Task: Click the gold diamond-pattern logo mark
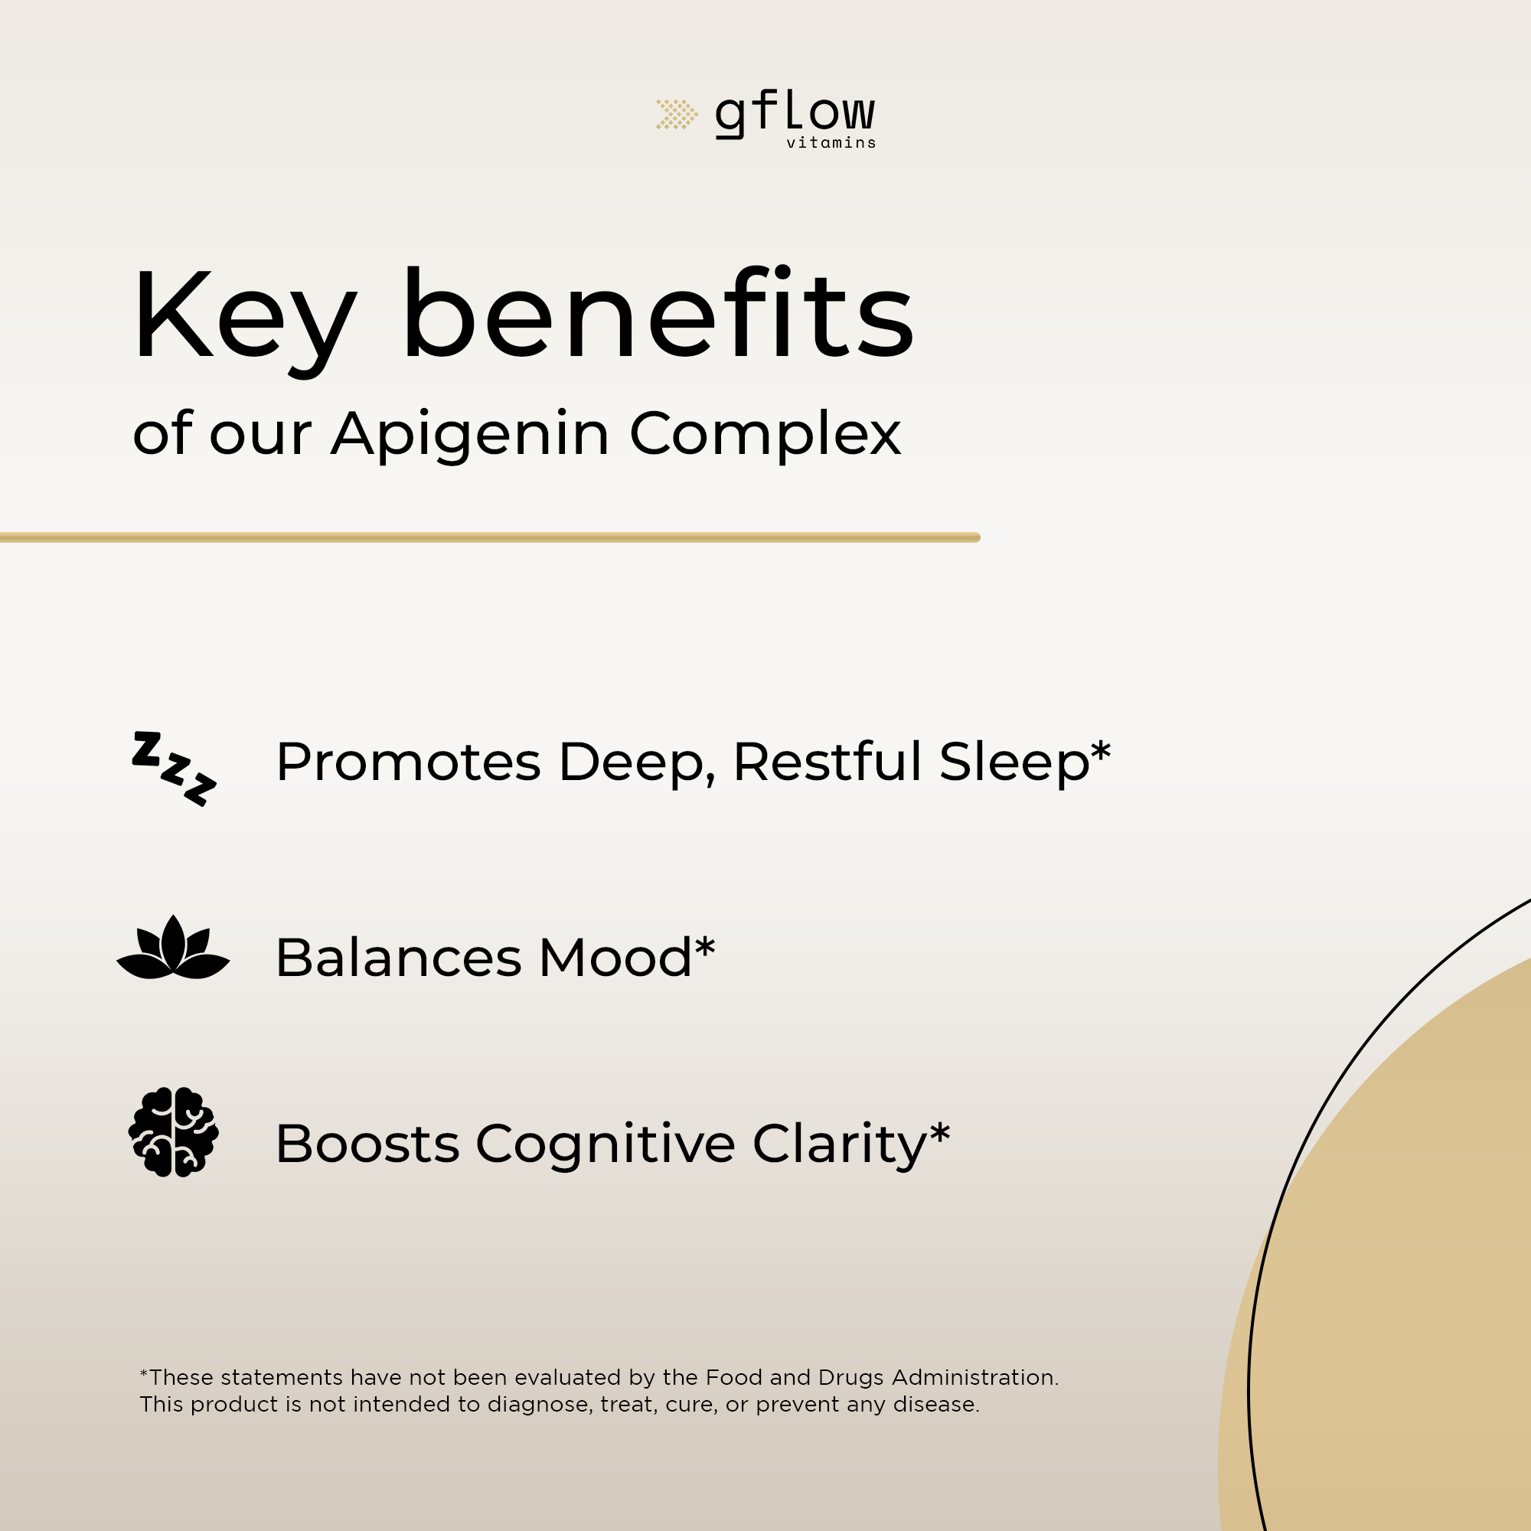click(x=677, y=114)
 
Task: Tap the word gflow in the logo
click(x=795, y=116)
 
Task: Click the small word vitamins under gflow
click(x=831, y=142)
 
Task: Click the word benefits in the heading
click(x=658, y=313)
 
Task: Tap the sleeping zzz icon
click(x=174, y=769)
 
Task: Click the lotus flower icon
click(x=174, y=948)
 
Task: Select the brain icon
click(x=174, y=1131)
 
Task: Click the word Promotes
click(x=408, y=762)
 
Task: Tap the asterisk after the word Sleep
click(x=1101, y=752)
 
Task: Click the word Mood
click(x=615, y=958)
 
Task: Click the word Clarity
click(x=839, y=1145)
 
